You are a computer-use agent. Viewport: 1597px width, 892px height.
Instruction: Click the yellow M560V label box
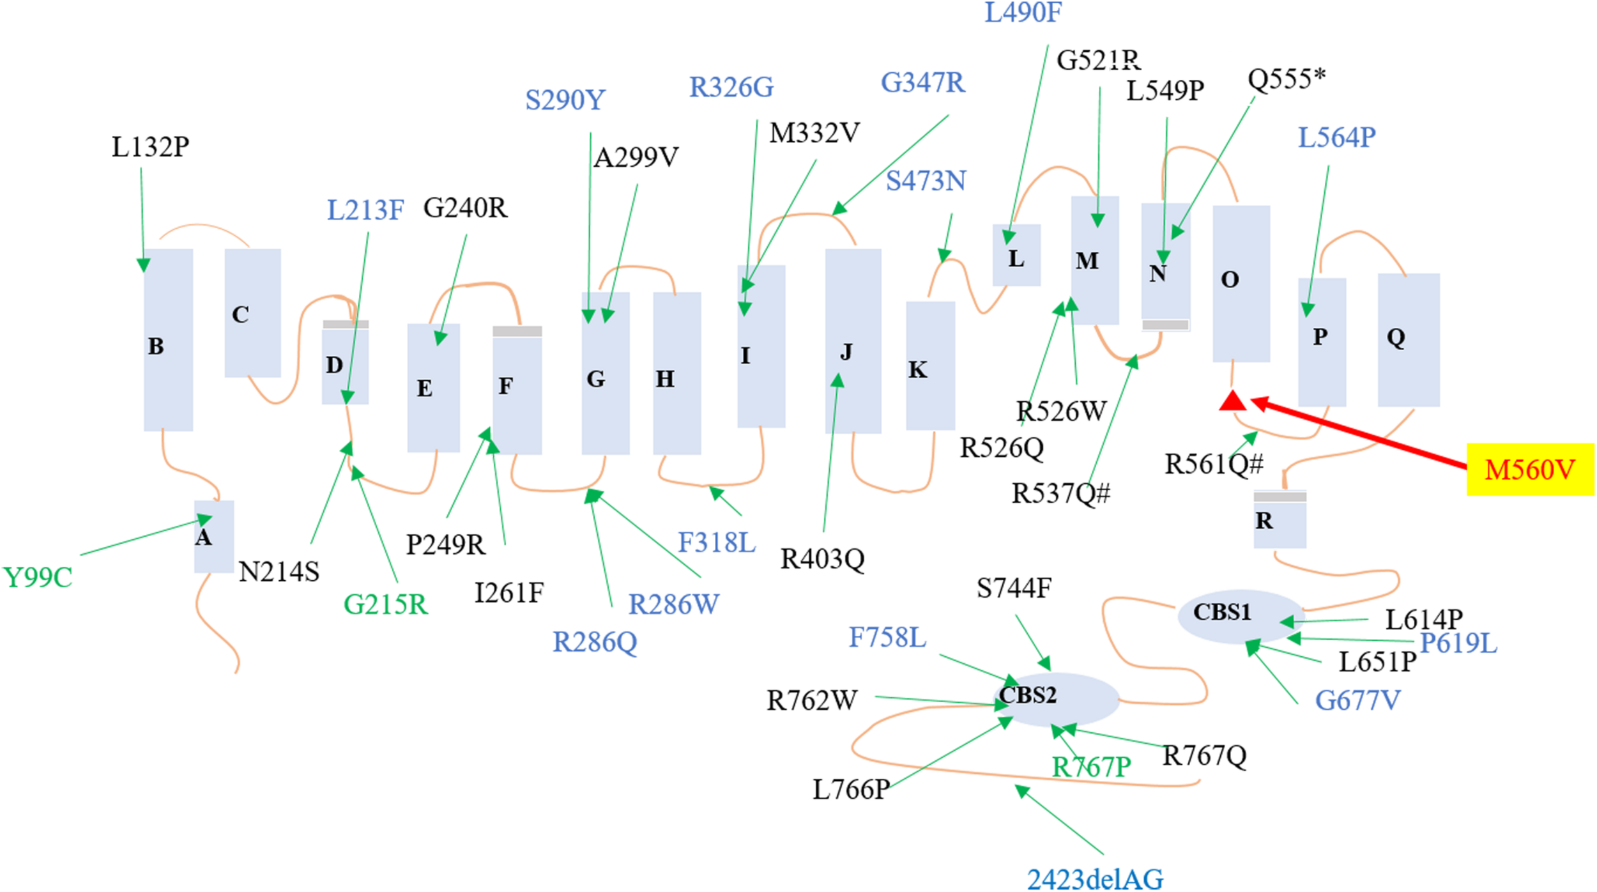(1530, 470)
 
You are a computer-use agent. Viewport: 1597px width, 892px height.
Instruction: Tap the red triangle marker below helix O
(1232, 402)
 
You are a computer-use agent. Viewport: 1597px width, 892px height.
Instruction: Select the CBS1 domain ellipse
(1239, 615)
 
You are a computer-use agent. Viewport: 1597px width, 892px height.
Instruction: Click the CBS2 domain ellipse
(1057, 699)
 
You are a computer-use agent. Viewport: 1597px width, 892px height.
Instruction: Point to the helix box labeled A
(214, 537)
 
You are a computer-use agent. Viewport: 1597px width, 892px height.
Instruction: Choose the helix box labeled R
(1280, 521)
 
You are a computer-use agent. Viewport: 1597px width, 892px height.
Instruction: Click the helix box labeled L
(1016, 256)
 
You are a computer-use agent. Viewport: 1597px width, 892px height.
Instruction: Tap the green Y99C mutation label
(38, 578)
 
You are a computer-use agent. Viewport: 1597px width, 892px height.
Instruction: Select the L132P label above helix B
(151, 147)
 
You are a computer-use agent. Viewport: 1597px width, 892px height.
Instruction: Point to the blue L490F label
(1023, 13)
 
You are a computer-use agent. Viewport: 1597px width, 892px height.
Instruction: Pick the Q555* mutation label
(1286, 79)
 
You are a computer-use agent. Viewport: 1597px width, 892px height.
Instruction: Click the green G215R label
(385, 604)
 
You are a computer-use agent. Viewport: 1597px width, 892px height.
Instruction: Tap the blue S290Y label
(565, 100)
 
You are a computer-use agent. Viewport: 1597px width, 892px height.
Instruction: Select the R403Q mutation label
(822, 560)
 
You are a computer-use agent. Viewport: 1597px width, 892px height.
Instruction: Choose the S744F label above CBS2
(1014, 588)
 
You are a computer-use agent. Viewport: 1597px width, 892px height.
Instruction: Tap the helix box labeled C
(252, 313)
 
